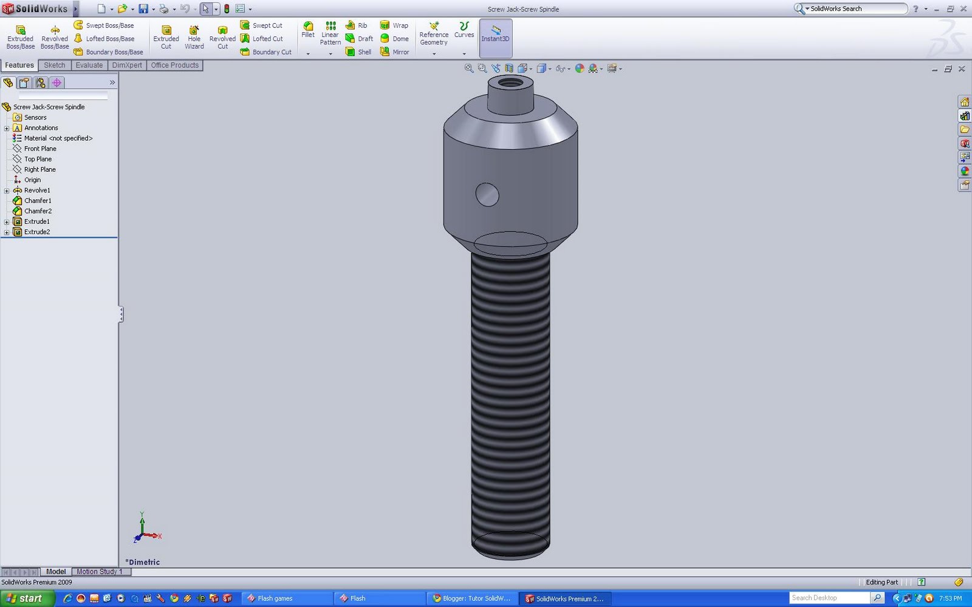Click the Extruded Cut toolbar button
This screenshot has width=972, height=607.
tap(166, 37)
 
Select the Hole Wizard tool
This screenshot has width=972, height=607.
tap(194, 37)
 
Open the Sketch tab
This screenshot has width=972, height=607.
tap(54, 66)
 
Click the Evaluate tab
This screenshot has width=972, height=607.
tap(89, 66)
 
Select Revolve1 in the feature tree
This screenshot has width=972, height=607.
tap(37, 190)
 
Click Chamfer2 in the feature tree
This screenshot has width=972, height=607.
tap(38, 211)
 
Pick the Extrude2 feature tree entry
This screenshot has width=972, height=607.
tap(37, 232)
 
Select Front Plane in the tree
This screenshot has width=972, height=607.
tap(40, 149)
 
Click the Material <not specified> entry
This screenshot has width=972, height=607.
tap(58, 138)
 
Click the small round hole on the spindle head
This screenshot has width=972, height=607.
tap(487, 195)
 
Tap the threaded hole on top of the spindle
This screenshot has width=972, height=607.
tap(510, 82)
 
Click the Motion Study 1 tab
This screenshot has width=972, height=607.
tap(99, 572)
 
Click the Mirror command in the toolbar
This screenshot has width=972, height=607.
tap(394, 52)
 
